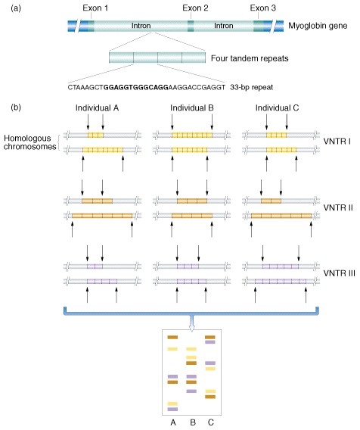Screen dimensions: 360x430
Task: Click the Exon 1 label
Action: [95, 8]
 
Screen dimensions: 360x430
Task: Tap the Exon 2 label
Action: [195, 8]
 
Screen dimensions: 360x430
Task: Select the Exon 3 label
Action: [262, 8]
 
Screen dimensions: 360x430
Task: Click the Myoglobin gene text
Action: [318, 26]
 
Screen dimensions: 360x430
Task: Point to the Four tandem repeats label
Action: [250, 58]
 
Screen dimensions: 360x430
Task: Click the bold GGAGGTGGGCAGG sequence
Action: [136, 88]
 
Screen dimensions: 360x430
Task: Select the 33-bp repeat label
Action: [252, 88]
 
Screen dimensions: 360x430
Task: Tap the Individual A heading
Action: [98, 108]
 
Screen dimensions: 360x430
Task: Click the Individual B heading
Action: [192, 108]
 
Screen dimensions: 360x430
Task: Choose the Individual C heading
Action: [277, 108]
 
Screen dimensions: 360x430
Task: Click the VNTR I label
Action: [337, 142]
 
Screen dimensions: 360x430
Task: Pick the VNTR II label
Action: [338, 207]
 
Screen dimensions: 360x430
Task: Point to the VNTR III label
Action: [339, 273]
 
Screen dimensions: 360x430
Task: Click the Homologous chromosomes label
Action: [29, 142]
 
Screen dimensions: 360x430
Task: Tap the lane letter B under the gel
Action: [193, 422]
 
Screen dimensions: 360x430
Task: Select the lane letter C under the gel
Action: [210, 422]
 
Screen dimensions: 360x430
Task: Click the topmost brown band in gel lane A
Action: [172, 338]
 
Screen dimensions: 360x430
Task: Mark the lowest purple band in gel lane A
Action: [172, 409]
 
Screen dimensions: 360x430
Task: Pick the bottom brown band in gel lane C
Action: [210, 397]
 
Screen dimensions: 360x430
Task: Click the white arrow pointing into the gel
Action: [192, 323]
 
